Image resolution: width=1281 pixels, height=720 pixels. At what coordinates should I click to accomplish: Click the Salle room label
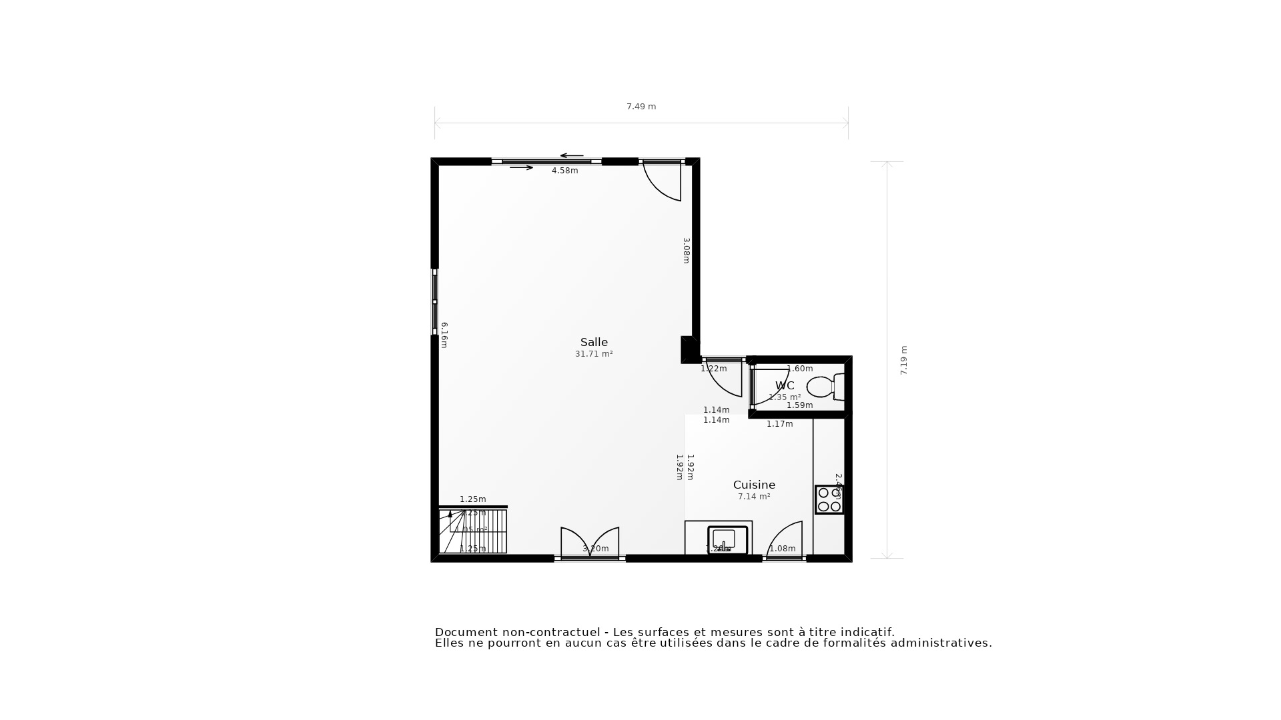click(594, 342)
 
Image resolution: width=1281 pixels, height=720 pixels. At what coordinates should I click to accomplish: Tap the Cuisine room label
click(754, 485)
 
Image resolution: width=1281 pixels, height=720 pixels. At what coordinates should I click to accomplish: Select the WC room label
click(785, 385)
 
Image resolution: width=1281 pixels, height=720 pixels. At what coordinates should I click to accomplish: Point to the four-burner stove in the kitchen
click(829, 499)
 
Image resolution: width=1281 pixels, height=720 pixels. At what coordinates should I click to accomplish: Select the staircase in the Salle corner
click(472, 531)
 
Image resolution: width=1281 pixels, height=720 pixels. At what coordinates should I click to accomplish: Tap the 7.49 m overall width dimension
click(641, 107)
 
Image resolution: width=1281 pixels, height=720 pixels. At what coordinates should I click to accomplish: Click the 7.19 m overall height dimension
click(904, 360)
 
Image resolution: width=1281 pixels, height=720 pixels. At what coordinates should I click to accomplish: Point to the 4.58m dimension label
click(564, 171)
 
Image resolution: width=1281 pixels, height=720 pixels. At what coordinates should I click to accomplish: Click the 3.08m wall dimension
click(686, 251)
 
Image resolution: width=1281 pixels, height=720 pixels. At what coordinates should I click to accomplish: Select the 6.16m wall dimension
click(444, 335)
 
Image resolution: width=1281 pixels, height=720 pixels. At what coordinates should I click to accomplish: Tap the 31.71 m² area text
click(594, 354)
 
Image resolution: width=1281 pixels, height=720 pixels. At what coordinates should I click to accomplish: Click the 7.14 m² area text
click(754, 497)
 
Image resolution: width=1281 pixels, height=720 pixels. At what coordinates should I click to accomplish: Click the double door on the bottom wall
click(590, 543)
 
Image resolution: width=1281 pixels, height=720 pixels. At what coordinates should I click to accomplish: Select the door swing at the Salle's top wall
click(663, 179)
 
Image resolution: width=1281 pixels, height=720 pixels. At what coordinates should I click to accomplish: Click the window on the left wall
click(434, 302)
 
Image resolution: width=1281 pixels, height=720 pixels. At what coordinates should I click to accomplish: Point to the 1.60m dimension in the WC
click(800, 369)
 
